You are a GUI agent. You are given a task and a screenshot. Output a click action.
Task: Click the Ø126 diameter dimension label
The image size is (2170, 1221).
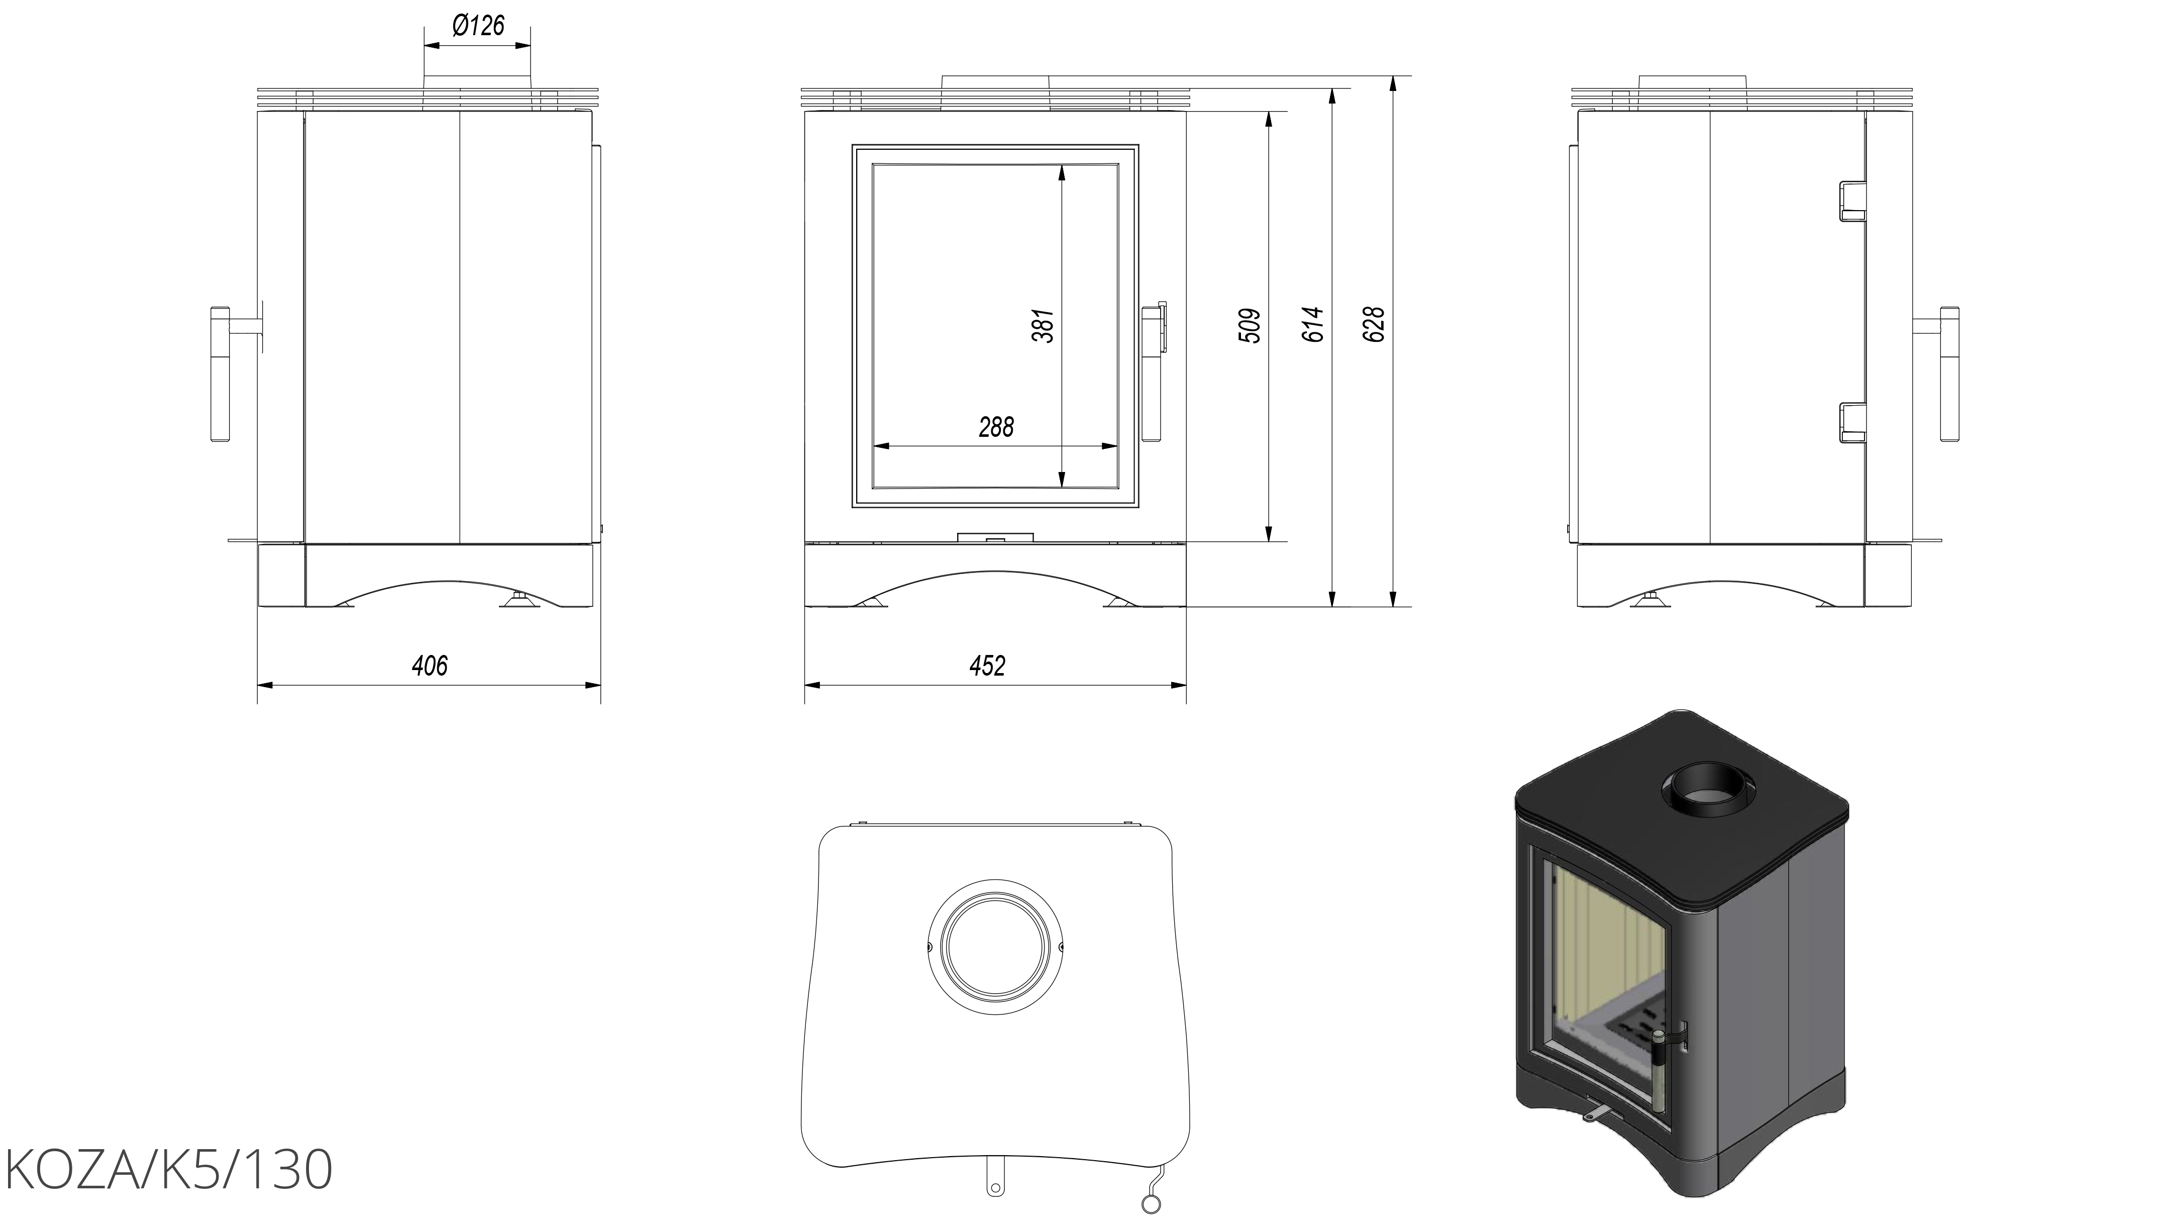[x=478, y=26]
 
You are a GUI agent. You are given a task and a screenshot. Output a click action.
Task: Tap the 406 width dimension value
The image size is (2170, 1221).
[x=430, y=666]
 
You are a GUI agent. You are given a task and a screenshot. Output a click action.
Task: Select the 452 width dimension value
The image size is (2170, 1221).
[x=987, y=666]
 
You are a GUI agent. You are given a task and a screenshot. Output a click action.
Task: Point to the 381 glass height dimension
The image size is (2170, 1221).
[x=1043, y=325]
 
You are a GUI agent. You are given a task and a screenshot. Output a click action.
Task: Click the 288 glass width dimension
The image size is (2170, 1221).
[x=996, y=427]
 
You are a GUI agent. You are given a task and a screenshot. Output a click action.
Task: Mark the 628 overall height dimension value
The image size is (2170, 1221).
[x=1374, y=325]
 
